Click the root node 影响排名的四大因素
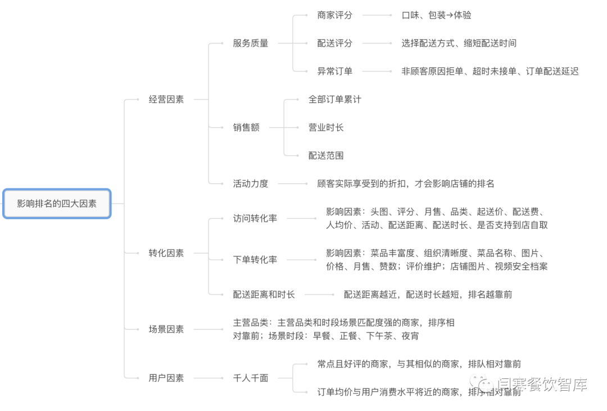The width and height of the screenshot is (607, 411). pyautogui.click(x=57, y=204)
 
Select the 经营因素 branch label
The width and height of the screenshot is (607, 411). pyautogui.click(x=166, y=100)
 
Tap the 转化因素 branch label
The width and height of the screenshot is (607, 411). pyautogui.click(x=166, y=253)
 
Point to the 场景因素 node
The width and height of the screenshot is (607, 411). pyautogui.click(x=166, y=329)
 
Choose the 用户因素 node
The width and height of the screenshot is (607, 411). pyautogui.click(x=166, y=378)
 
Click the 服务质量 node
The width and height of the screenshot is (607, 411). pyautogui.click(x=251, y=43)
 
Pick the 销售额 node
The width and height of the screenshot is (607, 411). pyautogui.click(x=246, y=128)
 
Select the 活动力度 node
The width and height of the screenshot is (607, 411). pyautogui.click(x=251, y=184)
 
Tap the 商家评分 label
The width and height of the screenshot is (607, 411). pyautogui.click(x=335, y=15)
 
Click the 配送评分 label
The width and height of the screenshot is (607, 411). pyautogui.click(x=335, y=43)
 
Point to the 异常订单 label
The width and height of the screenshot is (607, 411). pyautogui.click(x=335, y=71)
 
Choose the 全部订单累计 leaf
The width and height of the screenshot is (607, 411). pyautogui.click(x=335, y=100)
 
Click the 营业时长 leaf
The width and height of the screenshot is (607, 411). pyautogui.click(x=326, y=128)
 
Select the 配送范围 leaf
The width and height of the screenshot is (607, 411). pyautogui.click(x=326, y=156)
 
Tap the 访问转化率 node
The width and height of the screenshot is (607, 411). pyautogui.click(x=255, y=219)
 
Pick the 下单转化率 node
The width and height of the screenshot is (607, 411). pyautogui.click(x=255, y=260)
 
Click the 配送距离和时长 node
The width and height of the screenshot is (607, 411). pyautogui.click(x=264, y=295)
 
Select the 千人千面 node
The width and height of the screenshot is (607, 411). pyautogui.click(x=251, y=378)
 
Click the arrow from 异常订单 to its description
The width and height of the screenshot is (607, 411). pyautogui.click(x=377, y=71)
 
